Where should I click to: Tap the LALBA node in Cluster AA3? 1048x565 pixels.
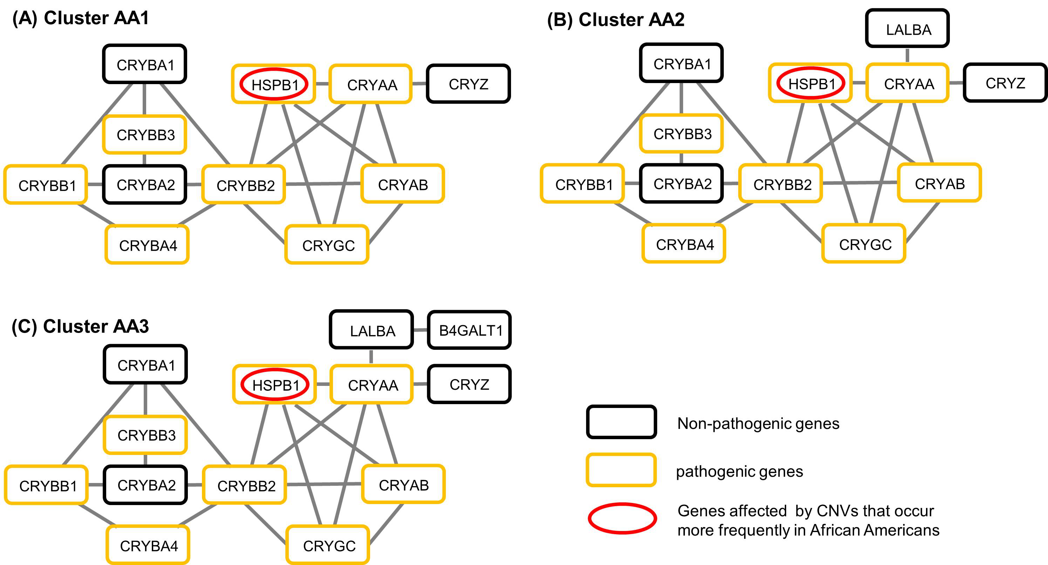(372, 330)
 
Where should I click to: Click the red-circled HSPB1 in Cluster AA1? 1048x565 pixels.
(274, 84)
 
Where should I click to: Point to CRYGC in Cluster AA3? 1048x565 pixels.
(328, 545)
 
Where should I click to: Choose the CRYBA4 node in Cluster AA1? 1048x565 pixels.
(147, 245)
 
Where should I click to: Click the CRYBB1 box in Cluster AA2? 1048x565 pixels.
(583, 184)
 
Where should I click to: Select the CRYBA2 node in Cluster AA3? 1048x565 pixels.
(146, 485)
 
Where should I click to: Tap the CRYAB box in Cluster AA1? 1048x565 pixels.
(402, 184)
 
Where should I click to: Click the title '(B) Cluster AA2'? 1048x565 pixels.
(615, 20)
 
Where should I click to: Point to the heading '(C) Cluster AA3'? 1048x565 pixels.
(80, 326)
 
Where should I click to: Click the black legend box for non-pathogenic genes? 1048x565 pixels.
(621, 422)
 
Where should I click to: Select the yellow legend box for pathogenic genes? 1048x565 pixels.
(621, 470)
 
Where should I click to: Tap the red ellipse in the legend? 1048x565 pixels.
(622, 518)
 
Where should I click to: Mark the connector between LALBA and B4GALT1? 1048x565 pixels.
(420, 330)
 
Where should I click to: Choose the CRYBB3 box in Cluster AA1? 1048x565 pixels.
(145, 135)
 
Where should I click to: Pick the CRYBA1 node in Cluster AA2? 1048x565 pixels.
(681, 63)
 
